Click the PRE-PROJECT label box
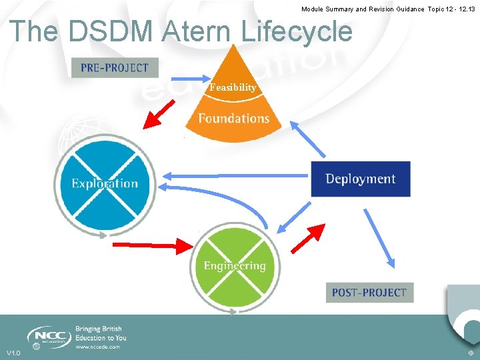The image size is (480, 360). pos(115,67)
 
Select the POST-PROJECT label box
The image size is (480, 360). pos(369,292)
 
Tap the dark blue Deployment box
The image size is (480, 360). pos(360,179)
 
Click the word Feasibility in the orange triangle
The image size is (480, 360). pos(233,87)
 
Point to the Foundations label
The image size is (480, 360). pos(233,119)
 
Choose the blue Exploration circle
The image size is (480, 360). pos(105,183)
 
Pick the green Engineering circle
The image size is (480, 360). pos(235,266)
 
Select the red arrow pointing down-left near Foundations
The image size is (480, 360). pos(160,113)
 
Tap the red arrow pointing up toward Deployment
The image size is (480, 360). pos(307,239)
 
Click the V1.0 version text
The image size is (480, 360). pos(13,353)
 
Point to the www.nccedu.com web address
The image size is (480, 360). pos(97,347)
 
